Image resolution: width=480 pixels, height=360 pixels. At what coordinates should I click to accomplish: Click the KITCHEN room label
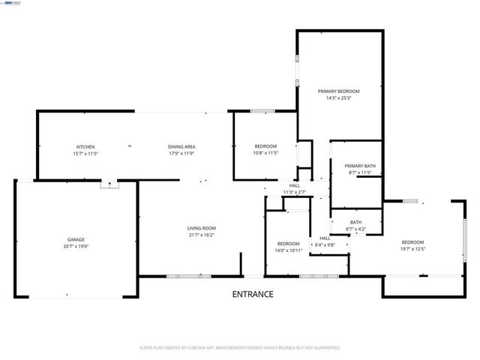tap(85, 146)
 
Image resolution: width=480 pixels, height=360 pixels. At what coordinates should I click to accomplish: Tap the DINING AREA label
tap(181, 146)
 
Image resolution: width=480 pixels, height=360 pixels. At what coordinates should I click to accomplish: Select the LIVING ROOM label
tap(201, 228)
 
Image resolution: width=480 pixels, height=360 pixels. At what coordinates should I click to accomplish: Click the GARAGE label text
tap(76, 239)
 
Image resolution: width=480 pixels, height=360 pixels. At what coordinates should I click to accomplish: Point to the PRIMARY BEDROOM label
tap(339, 91)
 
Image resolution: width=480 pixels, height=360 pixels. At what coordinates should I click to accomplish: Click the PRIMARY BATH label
tap(359, 166)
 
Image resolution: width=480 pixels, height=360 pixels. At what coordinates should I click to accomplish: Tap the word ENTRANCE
tap(252, 294)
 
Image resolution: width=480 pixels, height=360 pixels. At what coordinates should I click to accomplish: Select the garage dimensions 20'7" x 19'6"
tap(76, 247)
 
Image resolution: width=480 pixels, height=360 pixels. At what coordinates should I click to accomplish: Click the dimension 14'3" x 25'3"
tap(339, 98)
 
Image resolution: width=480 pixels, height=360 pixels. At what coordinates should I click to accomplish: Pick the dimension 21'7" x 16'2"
tap(201, 235)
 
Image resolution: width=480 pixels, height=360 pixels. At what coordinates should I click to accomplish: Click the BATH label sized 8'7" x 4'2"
tap(355, 222)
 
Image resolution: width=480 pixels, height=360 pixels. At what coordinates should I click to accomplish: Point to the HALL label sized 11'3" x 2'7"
tap(295, 185)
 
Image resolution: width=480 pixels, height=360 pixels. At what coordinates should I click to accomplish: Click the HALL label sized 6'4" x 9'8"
tap(325, 238)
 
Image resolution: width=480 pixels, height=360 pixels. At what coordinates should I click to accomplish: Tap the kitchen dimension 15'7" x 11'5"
tap(85, 153)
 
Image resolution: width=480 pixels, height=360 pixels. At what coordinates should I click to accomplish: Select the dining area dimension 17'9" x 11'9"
tap(181, 153)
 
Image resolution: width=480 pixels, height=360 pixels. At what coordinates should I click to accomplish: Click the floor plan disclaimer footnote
tap(240, 348)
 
